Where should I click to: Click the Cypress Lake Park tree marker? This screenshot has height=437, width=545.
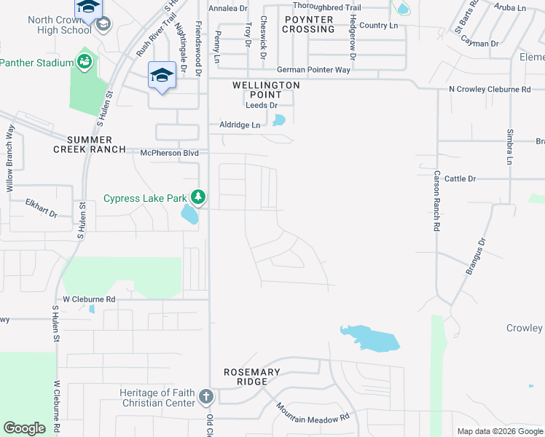[x=197, y=197]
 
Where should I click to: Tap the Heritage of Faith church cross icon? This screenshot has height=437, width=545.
[x=206, y=397]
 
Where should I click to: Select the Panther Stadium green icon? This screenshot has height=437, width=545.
[x=85, y=61]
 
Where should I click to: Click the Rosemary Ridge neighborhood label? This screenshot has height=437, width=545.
[x=251, y=377]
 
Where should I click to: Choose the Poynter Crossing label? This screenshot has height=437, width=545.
[x=310, y=24]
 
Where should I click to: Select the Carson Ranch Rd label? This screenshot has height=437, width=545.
[x=437, y=201]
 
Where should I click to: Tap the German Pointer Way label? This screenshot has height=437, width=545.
[x=314, y=71]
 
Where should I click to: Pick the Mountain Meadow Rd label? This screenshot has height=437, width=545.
[x=313, y=413]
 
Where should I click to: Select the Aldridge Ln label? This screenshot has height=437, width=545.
[x=240, y=125]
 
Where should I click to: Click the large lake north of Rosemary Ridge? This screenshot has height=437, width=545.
[x=371, y=338]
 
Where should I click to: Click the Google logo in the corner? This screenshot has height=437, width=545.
[x=24, y=428]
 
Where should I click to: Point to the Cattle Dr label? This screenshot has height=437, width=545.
[x=460, y=178]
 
